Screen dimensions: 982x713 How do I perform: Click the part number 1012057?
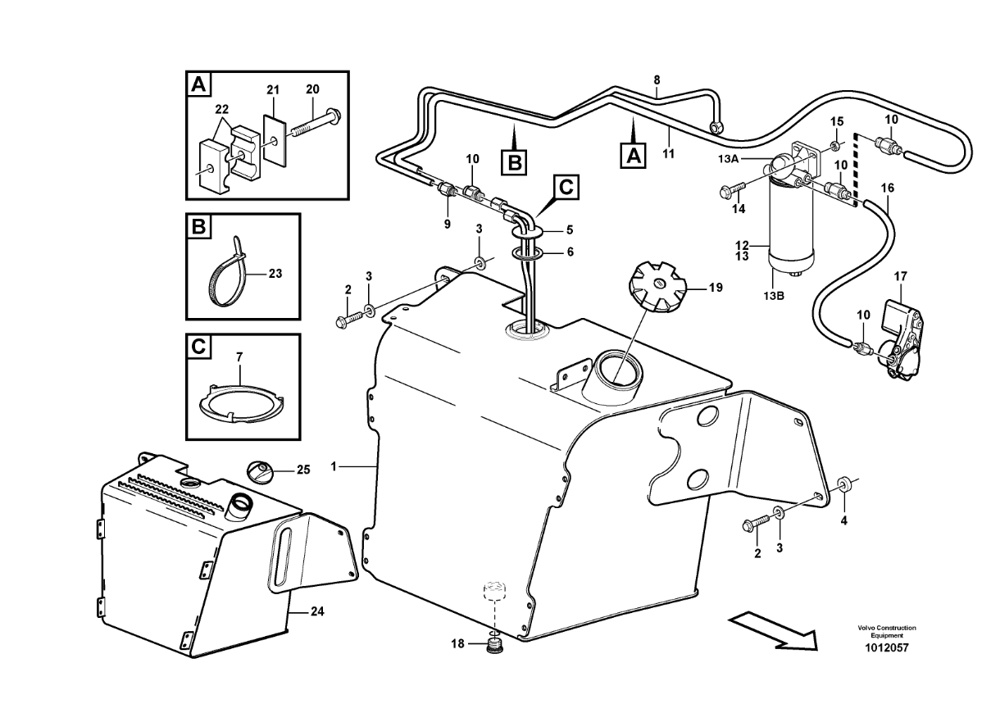(887, 648)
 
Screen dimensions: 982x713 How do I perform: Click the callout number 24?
(317, 611)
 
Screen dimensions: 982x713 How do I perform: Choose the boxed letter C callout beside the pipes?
(566, 188)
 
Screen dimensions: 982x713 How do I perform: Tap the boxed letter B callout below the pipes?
(514, 162)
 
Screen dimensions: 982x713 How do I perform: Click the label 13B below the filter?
(774, 296)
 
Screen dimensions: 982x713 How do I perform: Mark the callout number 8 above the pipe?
(657, 79)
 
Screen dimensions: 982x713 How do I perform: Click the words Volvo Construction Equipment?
(887, 632)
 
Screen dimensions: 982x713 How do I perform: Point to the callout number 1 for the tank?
(334, 466)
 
